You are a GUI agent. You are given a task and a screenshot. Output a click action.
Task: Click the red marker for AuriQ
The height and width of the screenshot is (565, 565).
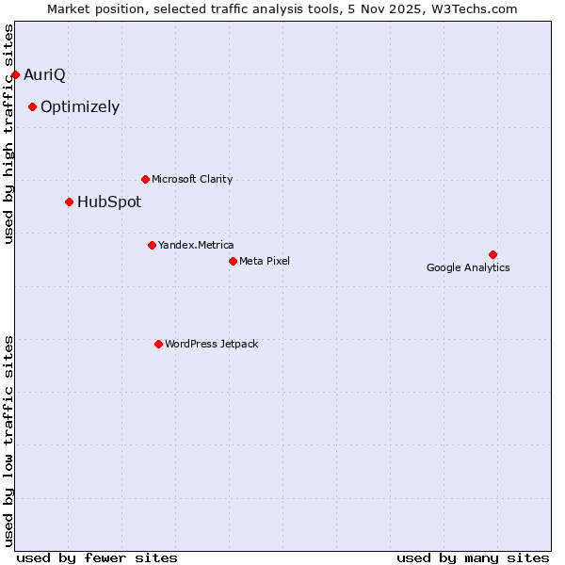click(x=15, y=74)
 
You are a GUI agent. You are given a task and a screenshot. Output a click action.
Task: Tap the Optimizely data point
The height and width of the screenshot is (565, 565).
click(x=32, y=106)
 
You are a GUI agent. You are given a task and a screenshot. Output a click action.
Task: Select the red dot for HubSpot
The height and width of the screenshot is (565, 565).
click(x=69, y=202)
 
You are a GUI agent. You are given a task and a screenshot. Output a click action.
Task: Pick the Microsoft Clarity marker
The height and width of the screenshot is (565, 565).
click(x=145, y=179)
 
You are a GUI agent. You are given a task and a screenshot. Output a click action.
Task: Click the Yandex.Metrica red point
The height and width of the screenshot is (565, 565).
click(x=152, y=245)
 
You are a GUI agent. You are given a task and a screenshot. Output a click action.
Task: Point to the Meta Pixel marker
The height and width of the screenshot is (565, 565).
click(x=233, y=261)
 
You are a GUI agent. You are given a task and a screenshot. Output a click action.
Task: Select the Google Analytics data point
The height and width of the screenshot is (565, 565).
click(x=492, y=254)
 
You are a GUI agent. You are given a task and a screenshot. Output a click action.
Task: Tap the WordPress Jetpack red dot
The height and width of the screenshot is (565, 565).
click(x=158, y=344)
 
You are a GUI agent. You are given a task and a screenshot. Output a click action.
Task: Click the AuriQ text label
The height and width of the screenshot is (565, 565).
click(x=44, y=74)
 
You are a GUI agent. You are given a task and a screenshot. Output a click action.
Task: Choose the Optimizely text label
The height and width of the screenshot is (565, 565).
click(x=80, y=106)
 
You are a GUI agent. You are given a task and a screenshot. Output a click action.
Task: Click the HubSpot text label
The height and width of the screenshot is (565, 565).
click(x=109, y=202)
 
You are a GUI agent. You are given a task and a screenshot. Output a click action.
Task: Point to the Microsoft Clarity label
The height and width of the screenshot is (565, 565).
click(x=192, y=179)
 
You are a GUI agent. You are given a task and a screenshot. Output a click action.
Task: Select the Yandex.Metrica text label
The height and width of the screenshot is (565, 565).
click(x=196, y=245)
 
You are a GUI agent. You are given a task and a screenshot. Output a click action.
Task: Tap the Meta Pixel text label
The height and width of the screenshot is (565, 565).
click(x=265, y=261)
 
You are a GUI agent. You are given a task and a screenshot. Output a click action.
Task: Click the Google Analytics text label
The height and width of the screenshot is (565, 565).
click(x=468, y=267)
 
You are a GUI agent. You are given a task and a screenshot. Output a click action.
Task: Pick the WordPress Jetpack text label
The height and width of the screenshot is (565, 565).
click(x=211, y=344)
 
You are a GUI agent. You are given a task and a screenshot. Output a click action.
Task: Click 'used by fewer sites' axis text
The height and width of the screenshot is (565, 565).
click(x=97, y=557)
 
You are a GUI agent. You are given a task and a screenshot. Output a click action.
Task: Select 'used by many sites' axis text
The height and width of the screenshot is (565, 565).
click(x=473, y=557)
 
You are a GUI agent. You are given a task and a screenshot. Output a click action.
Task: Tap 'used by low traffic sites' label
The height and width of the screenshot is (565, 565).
click(x=9, y=440)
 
